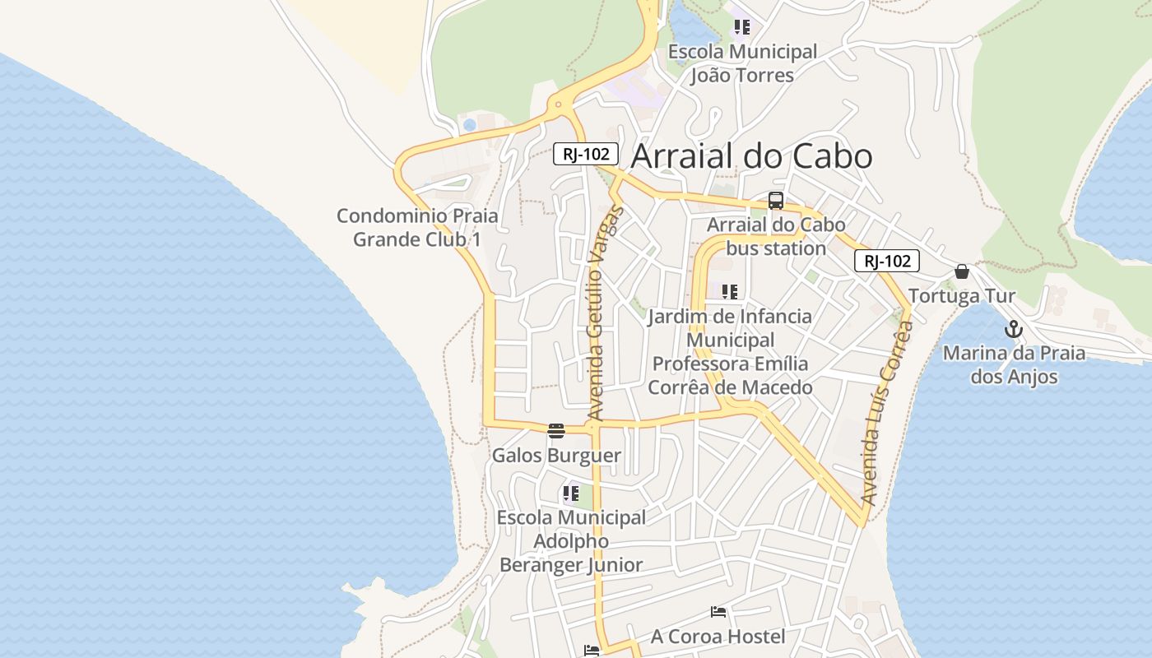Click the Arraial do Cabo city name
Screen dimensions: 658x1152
click(x=751, y=156)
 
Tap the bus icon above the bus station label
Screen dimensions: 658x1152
click(x=775, y=201)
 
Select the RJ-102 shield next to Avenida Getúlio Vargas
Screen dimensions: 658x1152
click(x=585, y=154)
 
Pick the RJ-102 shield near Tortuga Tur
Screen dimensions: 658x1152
click(x=886, y=262)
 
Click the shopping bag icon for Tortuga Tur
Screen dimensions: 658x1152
click(x=961, y=271)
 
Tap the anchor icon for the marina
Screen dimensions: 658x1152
click(x=1014, y=330)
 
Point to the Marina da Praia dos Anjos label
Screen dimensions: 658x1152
click(x=1014, y=364)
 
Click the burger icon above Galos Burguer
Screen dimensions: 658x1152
click(x=556, y=431)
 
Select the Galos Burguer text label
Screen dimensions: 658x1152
click(x=556, y=455)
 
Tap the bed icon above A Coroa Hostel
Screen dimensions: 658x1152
click(x=718, y=612)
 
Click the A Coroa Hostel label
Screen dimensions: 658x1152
click(x=718, y=636)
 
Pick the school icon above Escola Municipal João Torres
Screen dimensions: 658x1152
click(x=742, y=28)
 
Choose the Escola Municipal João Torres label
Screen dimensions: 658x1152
click(x=742, y=63)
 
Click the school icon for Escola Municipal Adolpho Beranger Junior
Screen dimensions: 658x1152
click(x=570, y=493)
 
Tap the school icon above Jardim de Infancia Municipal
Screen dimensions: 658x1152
click(x=729, y=292)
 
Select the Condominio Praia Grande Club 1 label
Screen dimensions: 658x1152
click(x=417, y=227)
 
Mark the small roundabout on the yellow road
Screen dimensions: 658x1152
click(x=559, y=104)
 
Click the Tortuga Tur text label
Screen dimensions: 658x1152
click(x=961, y=295)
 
